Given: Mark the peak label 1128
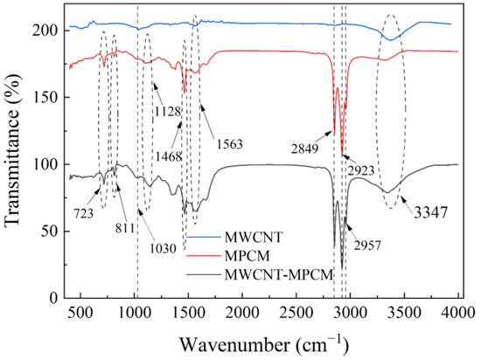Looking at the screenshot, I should [x=172, y=110].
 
